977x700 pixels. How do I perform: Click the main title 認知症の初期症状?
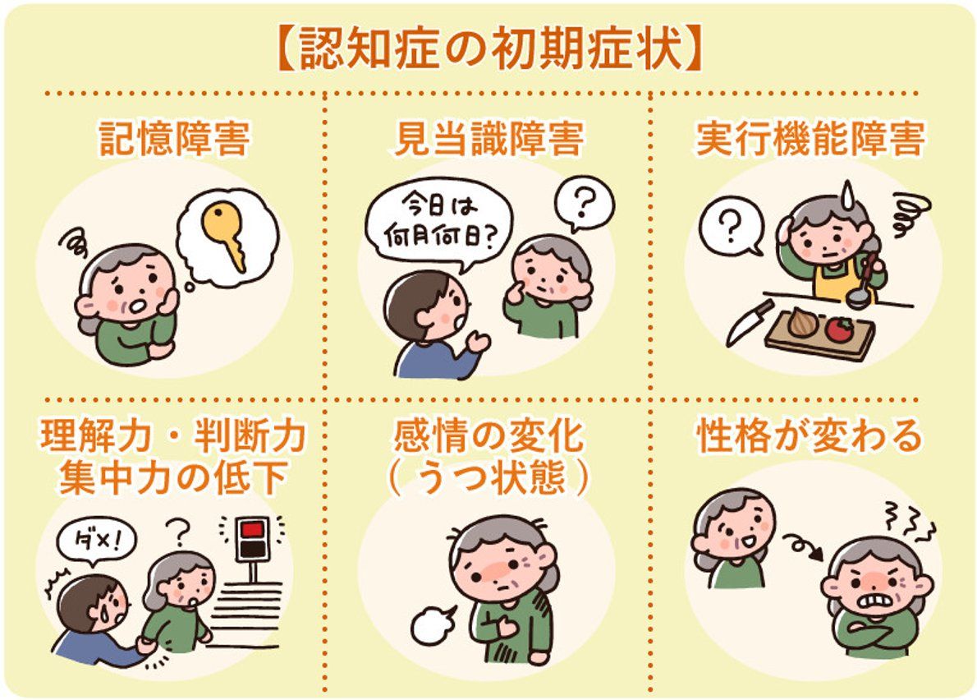[x=488, y=52]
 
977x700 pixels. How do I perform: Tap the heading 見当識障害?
[x=488, y=140]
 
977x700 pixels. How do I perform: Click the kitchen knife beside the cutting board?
[x=750, y=322]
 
